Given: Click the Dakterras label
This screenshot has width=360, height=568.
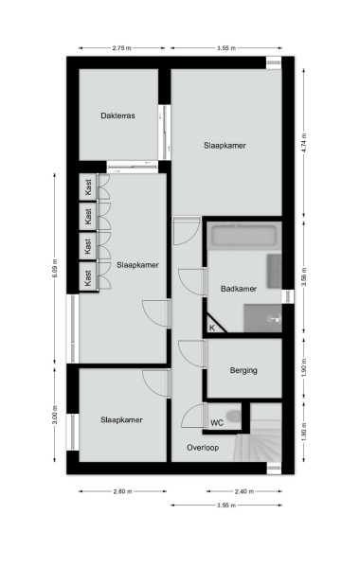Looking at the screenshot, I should [x=118, y=116].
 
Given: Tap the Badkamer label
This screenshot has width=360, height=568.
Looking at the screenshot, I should [x=238, y=289].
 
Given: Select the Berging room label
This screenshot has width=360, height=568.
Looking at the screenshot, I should [x=243, y=370].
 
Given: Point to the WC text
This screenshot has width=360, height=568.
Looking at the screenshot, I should [x=217, y=422].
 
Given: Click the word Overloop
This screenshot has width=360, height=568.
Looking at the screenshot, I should [x=204, y=447].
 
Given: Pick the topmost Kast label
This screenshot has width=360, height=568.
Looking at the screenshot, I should [x=88, y=187].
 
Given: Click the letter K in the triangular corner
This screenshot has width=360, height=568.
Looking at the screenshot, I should [x=212, y=328].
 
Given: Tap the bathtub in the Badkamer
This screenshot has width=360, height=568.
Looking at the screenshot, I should [x=243, y=238].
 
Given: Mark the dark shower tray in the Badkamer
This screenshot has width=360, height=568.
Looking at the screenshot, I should [x=262, y=319].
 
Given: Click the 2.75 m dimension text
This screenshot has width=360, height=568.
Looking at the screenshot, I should [x=121, y=47].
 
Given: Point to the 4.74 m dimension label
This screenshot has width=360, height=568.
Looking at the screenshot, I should [x=304, y=142].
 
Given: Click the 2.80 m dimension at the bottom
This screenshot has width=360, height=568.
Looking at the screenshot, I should [x=121, y=491].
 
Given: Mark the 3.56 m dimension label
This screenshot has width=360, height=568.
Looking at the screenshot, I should [x=304, y=278].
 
